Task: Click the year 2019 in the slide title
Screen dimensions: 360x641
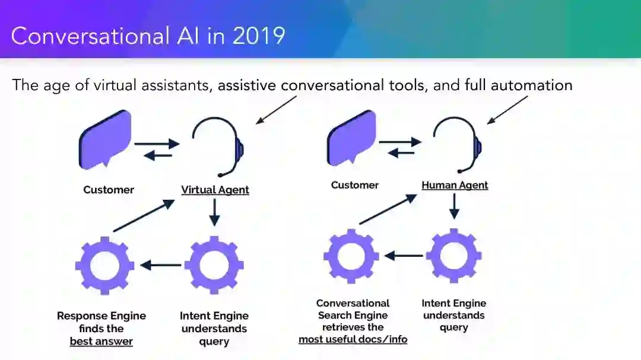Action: pyautogui.click(x=259, y=36)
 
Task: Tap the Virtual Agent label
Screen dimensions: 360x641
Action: pyautogui.click(x=215, y=190)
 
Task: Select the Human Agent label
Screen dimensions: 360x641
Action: pyautogui.click(x=455, y=185)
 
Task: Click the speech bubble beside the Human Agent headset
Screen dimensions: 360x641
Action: pyautogui.click(x=351, y=138)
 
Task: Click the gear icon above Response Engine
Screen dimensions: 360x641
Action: pyautogui.click(x=104, y=265)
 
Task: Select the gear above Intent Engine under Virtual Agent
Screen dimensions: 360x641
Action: pyautogui.click(x=214, y=265)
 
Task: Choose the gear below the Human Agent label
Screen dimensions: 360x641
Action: pyautogui.click(x=454, y=256)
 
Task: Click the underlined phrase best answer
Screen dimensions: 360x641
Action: pyautogui.click(x=101, y=342)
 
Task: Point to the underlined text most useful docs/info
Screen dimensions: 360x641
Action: pyautogui.click(x=353, y=339)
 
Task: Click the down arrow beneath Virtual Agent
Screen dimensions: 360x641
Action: pyautogui.click(x=215, y=212)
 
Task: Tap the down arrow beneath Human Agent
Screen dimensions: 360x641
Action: pyautogui.click(x=455, y=205)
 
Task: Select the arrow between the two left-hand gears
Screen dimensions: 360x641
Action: pyautogui.click(x=161, y=265)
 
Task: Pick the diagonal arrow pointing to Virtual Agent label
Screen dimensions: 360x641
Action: pyautogui.click(x=143, y=215)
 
